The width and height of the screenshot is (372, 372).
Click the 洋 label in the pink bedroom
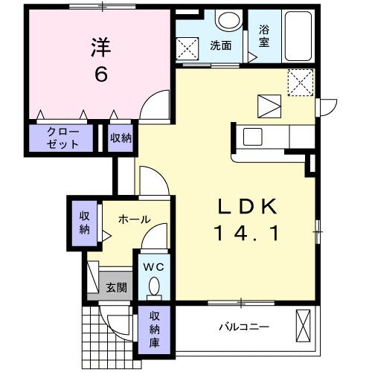tap(101, 47)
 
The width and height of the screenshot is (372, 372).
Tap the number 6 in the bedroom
tap(101, 74)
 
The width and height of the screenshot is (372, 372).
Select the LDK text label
tap(247, 206)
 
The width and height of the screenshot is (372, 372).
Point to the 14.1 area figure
tap(247, 233)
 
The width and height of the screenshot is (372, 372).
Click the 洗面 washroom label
tap(221, 45)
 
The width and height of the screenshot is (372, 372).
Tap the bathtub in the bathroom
tap(298, 36)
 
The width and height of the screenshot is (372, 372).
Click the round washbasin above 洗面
tap(228, 21)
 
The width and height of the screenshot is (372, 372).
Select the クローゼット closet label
tap(63, 138)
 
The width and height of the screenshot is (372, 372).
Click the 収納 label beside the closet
tap(121, 138)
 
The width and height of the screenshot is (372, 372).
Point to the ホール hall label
tap(135, 219)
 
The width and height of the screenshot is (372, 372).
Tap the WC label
tap(154, 267)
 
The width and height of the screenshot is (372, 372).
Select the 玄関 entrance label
tap(116, 287)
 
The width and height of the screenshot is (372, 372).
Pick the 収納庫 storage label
tap(154, 330)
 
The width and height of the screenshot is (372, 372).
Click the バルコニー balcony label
tap(244, 327)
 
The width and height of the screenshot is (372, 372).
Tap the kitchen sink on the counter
tap(253, 137)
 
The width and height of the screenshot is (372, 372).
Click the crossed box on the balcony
tap(304, 326)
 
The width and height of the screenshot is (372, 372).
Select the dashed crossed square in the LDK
tap(301, 83)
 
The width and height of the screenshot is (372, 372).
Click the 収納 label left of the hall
tap(85, 223)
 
